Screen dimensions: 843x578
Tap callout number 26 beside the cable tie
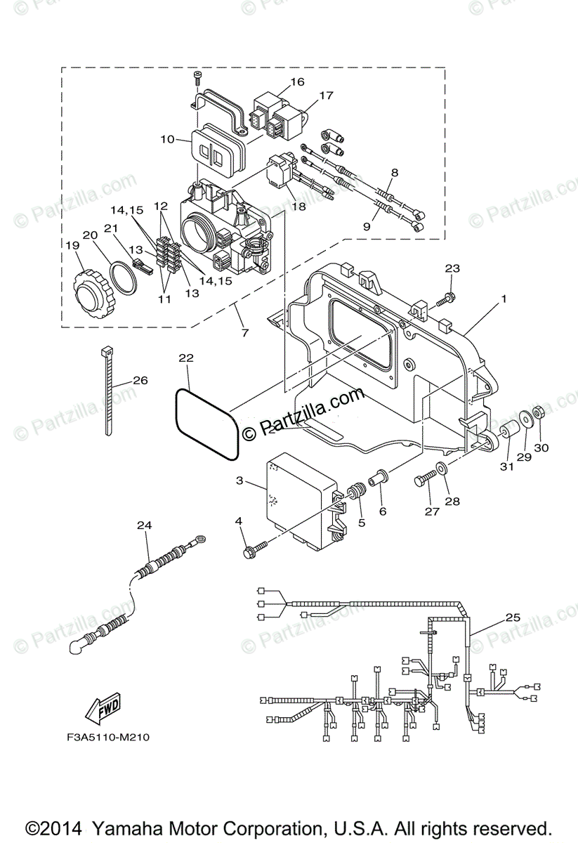point(140,381)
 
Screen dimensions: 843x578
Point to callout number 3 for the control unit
point(239,481)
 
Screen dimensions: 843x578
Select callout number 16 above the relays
point(297,81)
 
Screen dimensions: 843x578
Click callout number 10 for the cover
point(166,139)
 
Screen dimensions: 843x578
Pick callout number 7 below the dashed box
point(245,332)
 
